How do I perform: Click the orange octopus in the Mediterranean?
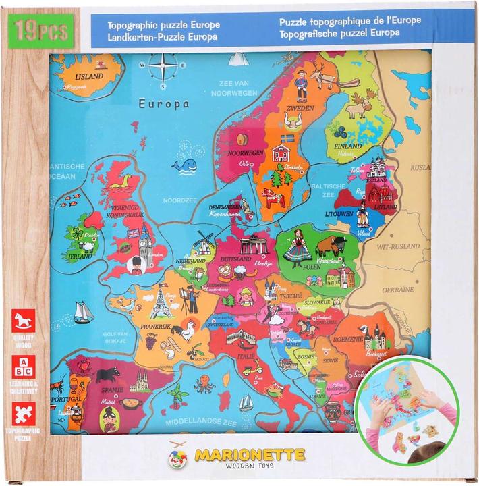coord(204,385)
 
